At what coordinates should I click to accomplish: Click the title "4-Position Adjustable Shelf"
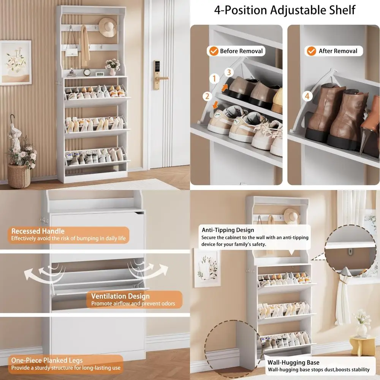coord(285,10)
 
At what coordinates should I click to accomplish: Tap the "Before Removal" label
coord(241,51)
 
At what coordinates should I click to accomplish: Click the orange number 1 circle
coord(214,79)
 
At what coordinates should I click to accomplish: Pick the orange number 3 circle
coord(228,72)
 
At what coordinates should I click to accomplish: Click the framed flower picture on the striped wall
coord(16,62)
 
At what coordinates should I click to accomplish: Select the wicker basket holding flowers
coord(19,175)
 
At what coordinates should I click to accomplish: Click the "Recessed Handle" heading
coord(38,231)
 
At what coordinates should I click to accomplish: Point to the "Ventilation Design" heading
coord(120,296)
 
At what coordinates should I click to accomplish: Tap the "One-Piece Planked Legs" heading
coord(47,360)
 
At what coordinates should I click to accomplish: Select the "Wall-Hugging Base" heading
coord(293,362)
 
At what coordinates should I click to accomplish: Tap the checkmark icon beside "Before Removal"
coord(214,51)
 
